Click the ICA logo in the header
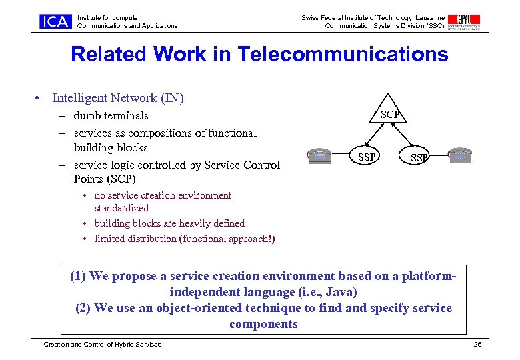[55, 21]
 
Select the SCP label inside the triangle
[390, 115]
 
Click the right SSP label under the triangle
[419, 158]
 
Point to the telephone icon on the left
[320, 155]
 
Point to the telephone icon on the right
[460, 155]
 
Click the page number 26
[477, 344]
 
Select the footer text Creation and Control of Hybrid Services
[102, 344]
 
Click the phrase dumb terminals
[111, 116]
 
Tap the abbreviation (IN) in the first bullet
[172, 98]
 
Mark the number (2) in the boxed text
[84, 308]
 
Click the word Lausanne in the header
[429, 17]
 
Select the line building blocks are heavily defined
[169, 223]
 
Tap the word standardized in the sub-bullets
[121, 208]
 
